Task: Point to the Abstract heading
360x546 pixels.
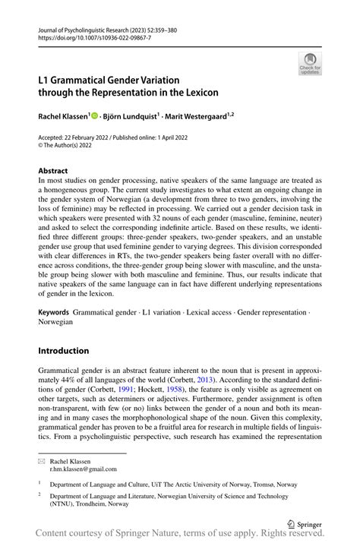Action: click(53, 171)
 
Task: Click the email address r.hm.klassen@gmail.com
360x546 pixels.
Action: click(84, 469)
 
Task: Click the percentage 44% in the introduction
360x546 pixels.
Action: click(87, 380)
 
